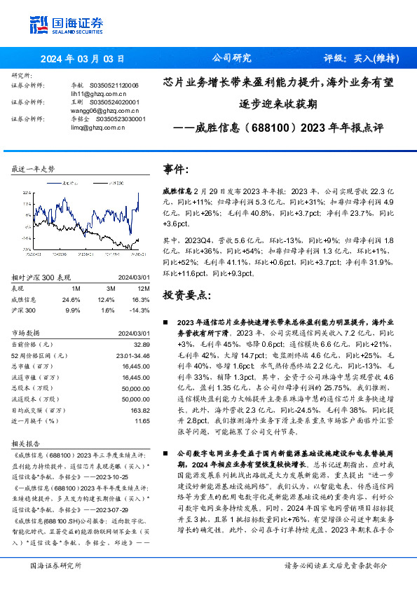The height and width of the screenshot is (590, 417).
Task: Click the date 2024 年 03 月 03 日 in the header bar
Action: pos(81,59)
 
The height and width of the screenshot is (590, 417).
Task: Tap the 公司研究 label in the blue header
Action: pos(231,59)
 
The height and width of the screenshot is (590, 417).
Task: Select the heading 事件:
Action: pos(176,170)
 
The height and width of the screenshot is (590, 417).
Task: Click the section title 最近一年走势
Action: pos(33,169)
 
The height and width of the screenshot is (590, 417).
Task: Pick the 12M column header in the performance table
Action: pos(144,288)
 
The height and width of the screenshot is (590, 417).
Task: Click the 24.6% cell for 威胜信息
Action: pos(71,299)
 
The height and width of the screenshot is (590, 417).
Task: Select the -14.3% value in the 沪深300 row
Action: pos(141,309)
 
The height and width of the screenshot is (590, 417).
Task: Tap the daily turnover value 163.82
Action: pos(140,410)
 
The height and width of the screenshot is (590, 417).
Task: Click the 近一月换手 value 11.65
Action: pos(142,421)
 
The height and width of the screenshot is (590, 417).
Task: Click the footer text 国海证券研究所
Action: pos(55,565)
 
